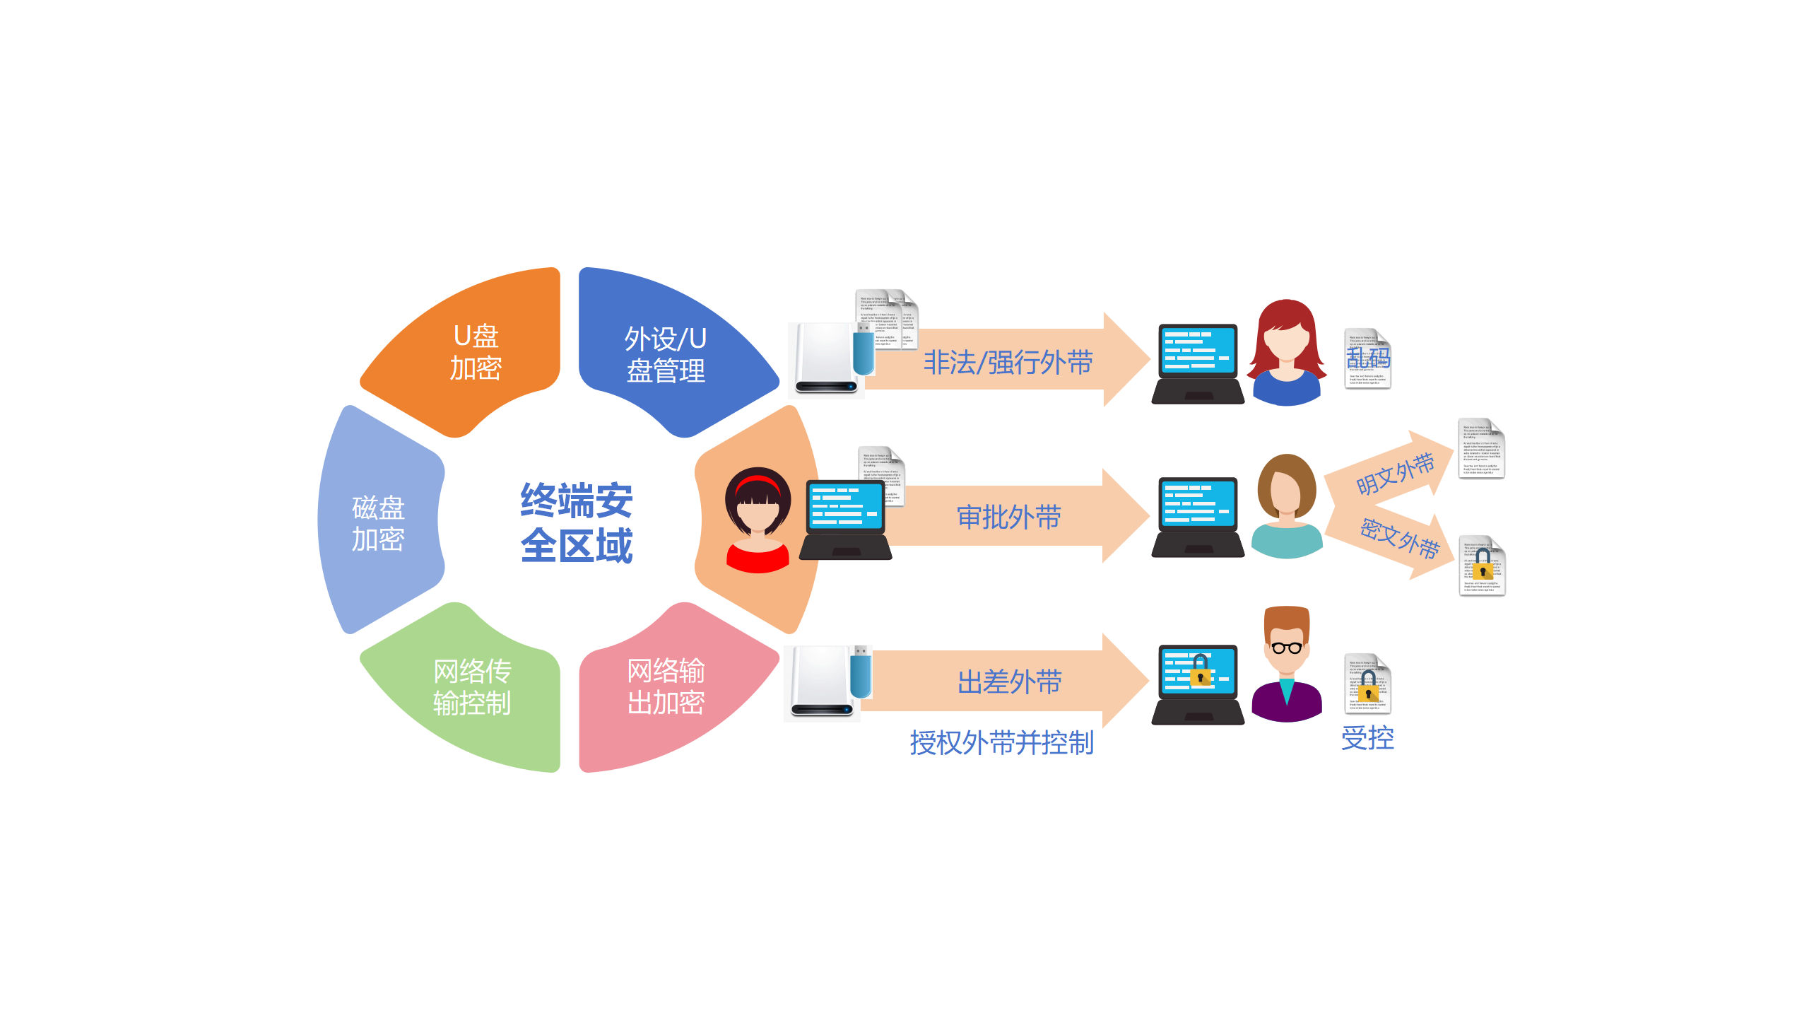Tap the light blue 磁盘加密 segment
[x=378, y=523]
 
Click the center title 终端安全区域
[x=576, y=523]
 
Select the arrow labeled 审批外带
[x=1008, y=517]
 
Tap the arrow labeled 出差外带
[x=1008, y=681]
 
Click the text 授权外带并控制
[x=1001, y=742]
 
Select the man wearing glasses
[x=1286, y=665]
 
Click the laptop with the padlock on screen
[x=1198, y=683]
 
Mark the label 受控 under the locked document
[x=1367, y=738]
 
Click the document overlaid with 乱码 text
[x=1367, y=359]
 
